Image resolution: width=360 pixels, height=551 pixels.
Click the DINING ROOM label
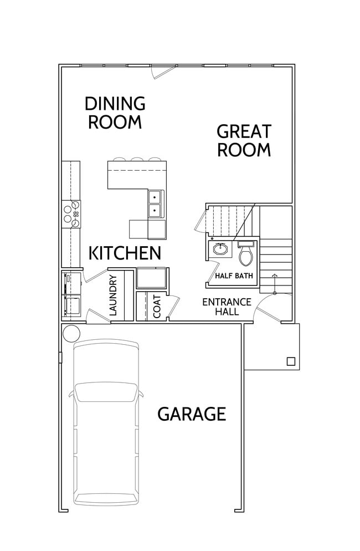click(x=115, y=112)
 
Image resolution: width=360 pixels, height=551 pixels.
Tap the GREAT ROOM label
click(x=244, y=140)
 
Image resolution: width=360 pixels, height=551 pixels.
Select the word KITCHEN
click(x=125, y=253)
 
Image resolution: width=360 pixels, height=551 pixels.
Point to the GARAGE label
click(x=192, y=414)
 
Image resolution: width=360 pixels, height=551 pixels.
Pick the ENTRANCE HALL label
click(x=227, y=307)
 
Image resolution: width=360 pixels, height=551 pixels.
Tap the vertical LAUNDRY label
click(x=114, y=295)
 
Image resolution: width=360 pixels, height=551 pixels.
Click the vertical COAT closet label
click(x=157, y=307)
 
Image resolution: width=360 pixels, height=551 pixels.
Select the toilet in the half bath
click(x=245, y=254)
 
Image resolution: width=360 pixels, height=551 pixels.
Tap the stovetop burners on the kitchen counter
click(x=72, y=214)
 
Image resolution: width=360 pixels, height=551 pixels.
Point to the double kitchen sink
click(x=155, y=203)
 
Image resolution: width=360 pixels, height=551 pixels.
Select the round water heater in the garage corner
click(x=71, y=333)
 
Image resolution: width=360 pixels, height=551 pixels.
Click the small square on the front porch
click(x=291, y=361)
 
